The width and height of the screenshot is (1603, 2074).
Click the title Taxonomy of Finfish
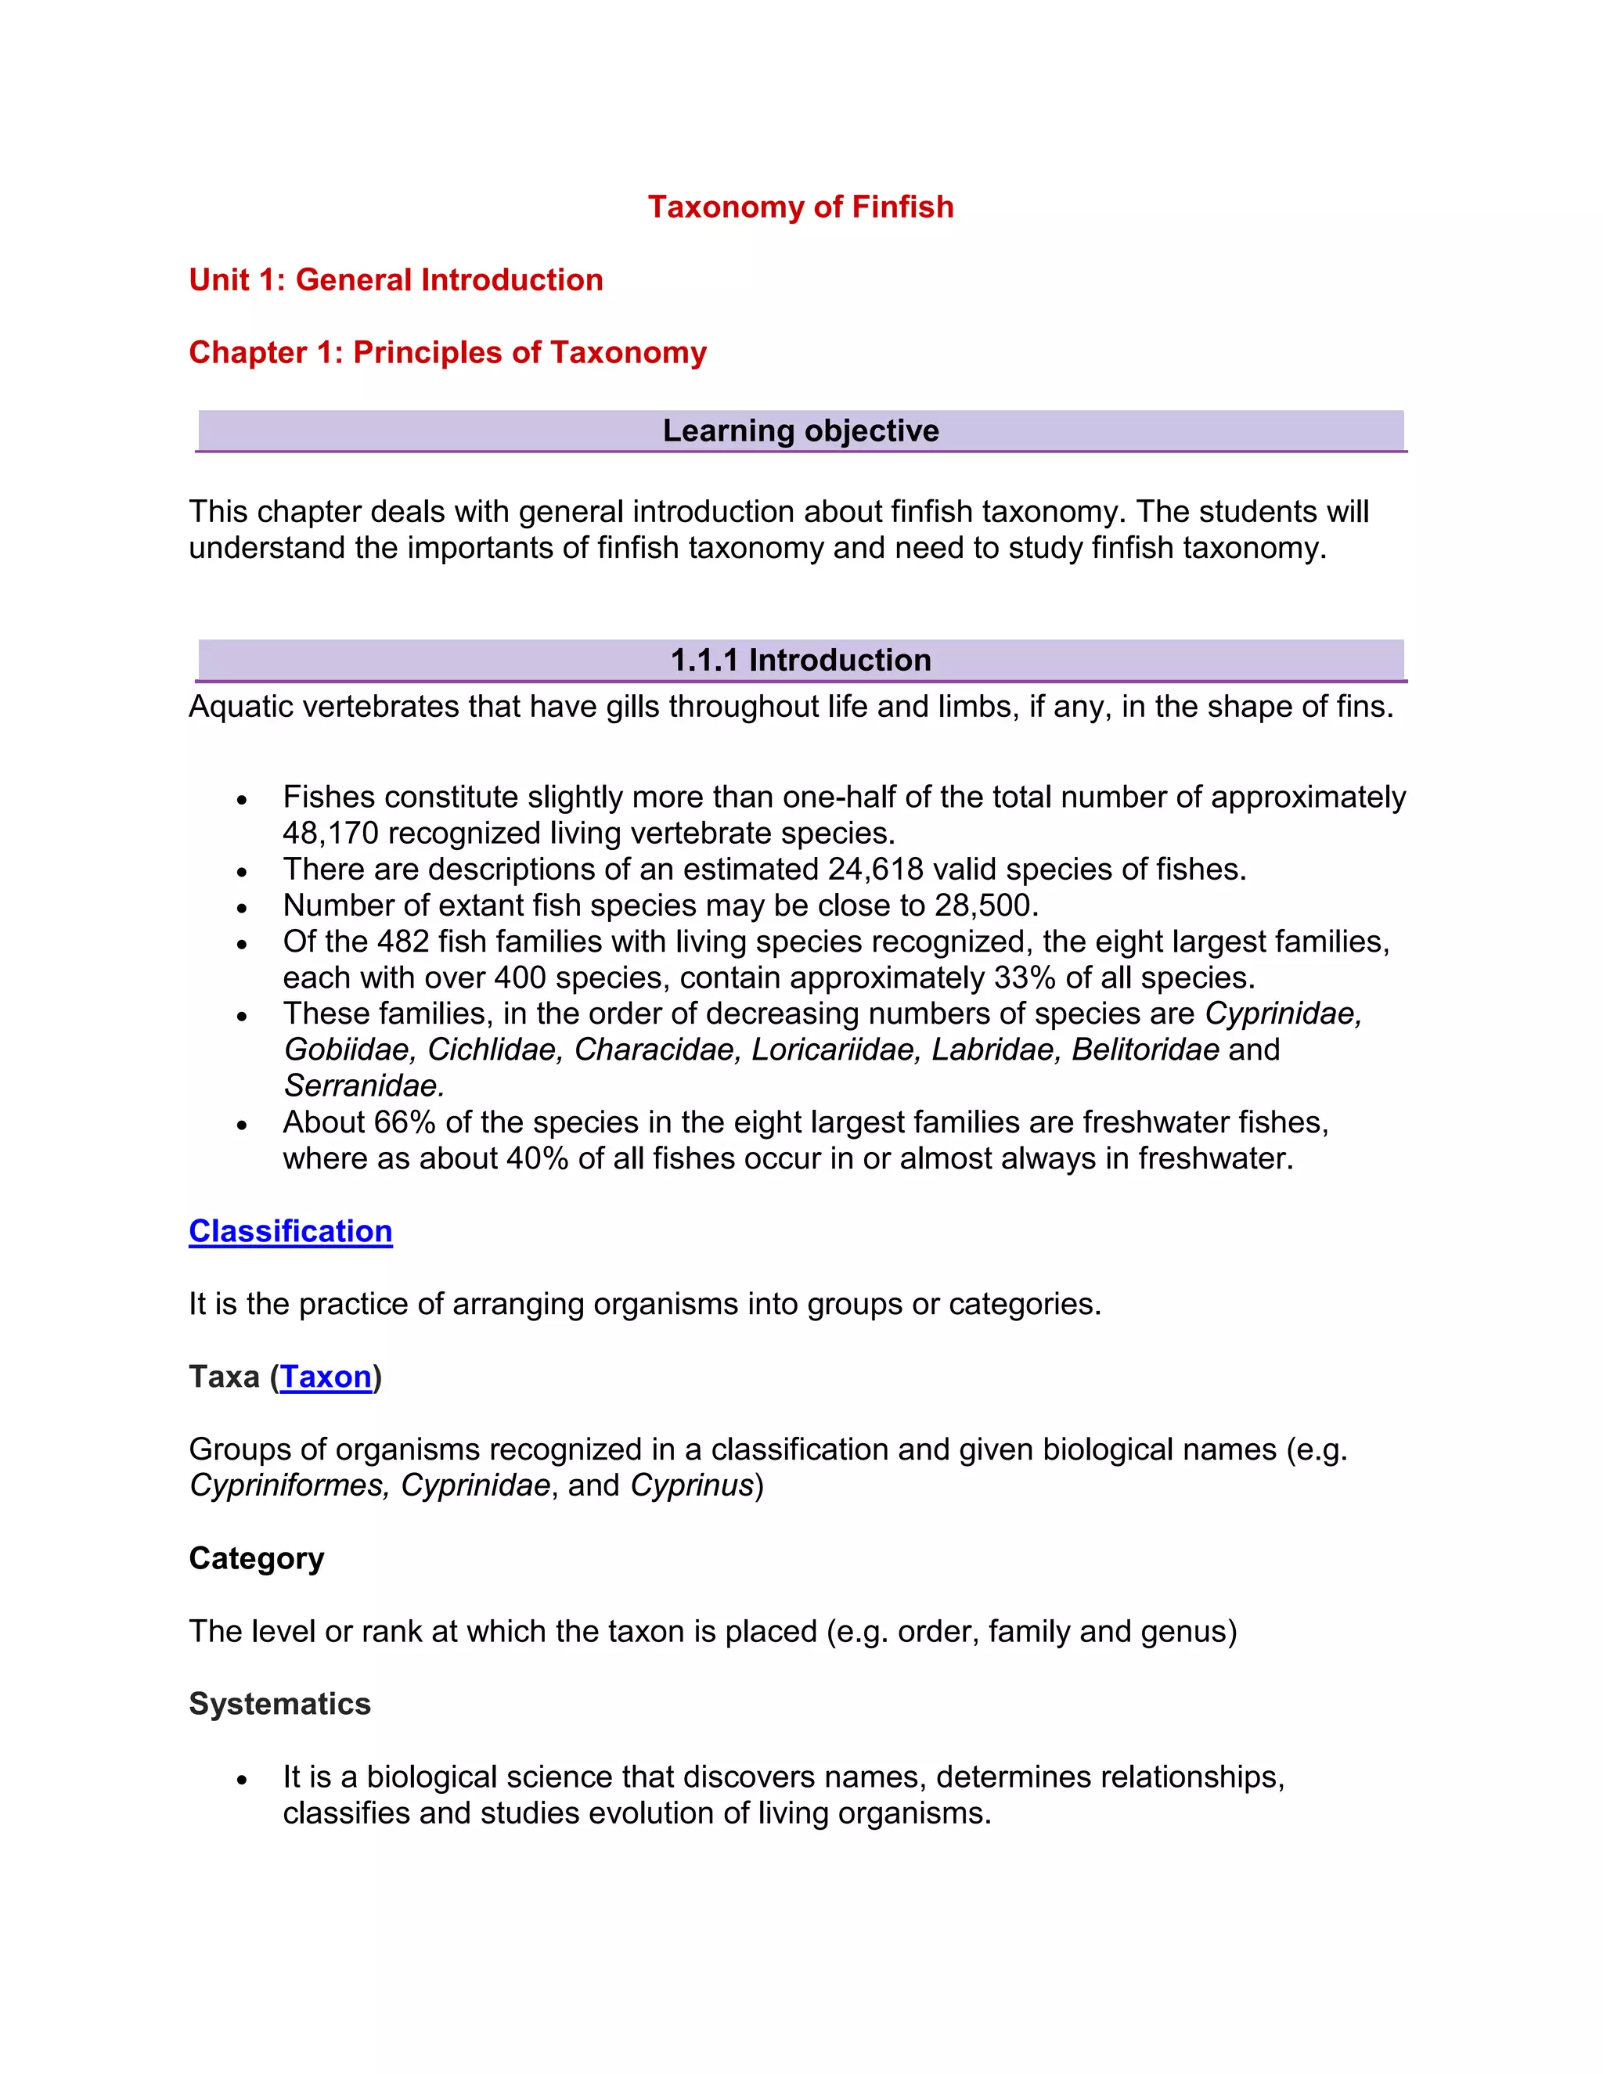[x=801, y=207]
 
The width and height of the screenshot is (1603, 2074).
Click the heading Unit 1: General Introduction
[x=396, y=280]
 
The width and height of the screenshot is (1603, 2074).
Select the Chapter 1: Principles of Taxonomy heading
[x=447, y=352]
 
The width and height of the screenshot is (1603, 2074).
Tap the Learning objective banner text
[x=801, y=431]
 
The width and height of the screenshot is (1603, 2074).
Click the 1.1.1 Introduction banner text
[x=801, y=660]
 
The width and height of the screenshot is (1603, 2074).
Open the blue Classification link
[x=290, y=1232]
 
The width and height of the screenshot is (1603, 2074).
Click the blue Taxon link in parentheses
[x=326, y=1377]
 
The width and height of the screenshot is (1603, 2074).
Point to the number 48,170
[x=330, y=834]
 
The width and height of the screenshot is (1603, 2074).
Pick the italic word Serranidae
[x=362, y=1086]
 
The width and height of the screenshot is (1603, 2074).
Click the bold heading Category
[x=257, y=1558]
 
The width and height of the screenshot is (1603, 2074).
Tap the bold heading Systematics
[x=279, y=1704]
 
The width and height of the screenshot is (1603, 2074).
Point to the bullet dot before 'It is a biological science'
[x=242, y=1780]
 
